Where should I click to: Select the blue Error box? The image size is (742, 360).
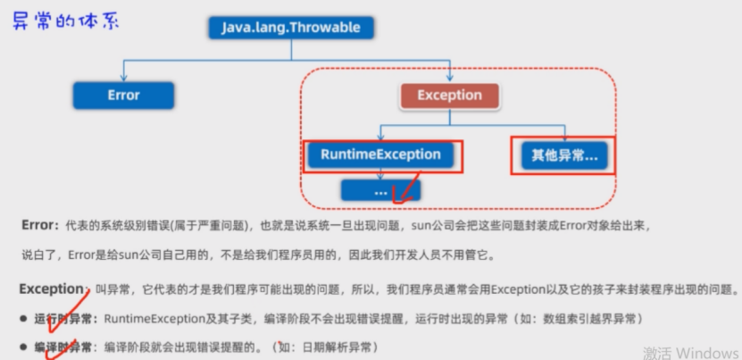[x=123, y=94]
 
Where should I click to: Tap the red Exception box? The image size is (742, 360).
[x=449, y=95]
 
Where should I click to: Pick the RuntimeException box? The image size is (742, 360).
[x=381, y=155]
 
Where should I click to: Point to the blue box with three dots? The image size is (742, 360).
[x=381, y=190]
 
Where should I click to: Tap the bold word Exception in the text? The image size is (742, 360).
[x=50, y=289]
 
